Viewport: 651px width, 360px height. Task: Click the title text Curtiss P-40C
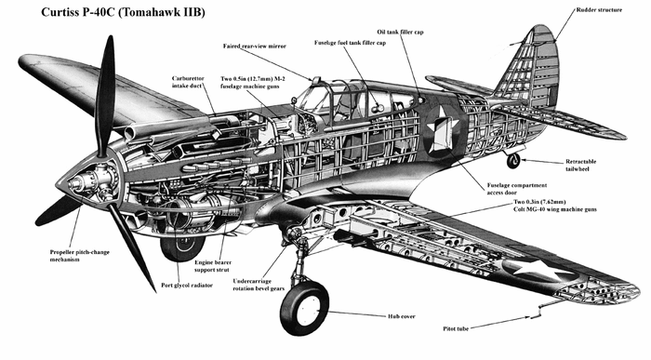[78, 12]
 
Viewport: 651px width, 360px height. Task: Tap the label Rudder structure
[599, 10]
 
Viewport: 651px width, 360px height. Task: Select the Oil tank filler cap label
[400, 32]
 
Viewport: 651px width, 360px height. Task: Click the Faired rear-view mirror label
[255, 47]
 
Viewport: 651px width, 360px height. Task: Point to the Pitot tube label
[456, 328]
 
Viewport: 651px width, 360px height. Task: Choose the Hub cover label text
[402, 316]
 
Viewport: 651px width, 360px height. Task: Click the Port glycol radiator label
[187, 286]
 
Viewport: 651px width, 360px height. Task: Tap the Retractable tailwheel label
[580, 165]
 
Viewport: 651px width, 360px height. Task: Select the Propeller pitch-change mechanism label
[79, 256]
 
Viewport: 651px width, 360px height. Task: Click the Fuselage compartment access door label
[516, 189]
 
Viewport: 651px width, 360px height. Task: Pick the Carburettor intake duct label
[188, 82]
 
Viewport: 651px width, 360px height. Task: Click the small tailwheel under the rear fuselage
[513, 161]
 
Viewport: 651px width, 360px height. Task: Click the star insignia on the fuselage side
[443, 129]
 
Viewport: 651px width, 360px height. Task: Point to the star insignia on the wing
[538, 269]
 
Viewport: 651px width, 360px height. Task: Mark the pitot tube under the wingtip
[535, 312]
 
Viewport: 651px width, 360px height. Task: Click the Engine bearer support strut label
[213, 266]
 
